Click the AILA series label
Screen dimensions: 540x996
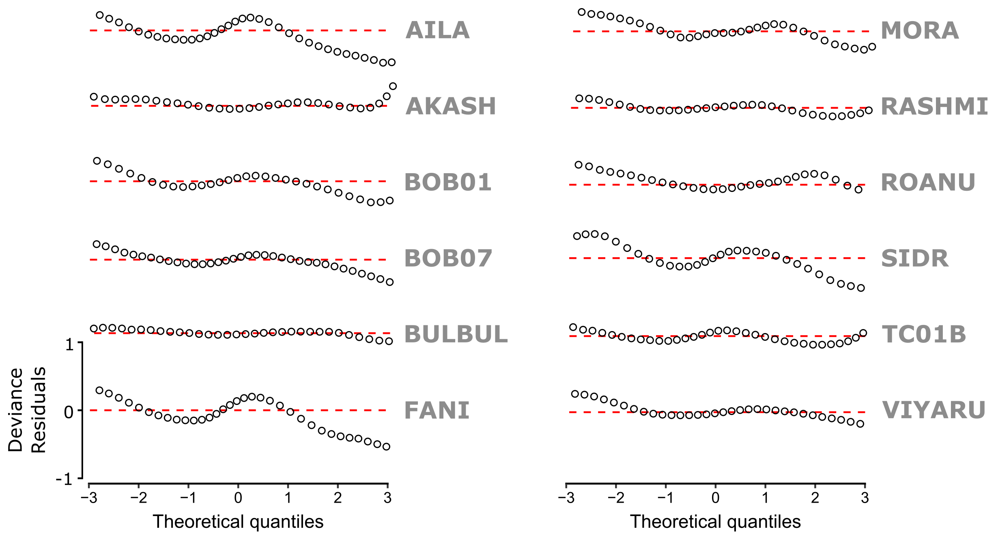(x=437, y=30)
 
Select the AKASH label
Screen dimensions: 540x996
(x=450, y=106)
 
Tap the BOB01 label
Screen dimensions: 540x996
(x=448, y=182)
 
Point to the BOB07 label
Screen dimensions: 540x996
(x=448, y=258)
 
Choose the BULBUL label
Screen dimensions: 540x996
(x=456, y=334)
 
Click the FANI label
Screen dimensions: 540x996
(x=437, y=410)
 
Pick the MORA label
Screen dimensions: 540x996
(x=920, y=31)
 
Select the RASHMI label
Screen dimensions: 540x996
(x=934, y=107)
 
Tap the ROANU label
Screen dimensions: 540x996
(x=928, y=183)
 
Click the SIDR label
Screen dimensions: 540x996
(x=915, y=258)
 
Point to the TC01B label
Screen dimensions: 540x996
(x=924, y=334)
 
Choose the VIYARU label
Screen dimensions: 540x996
(x=934, y=410)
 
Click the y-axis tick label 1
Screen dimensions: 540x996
(x=69, y=345)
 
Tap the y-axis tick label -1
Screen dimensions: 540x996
(x=65, y=480)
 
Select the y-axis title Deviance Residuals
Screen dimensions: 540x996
(x=27, y=410)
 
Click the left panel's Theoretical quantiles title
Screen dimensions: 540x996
(x=238, y=522)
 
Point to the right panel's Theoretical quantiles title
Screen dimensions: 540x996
(x=715, y=522)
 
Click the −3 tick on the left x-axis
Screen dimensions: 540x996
(x=89, y=498)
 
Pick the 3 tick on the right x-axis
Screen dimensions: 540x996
(x=865, y=498)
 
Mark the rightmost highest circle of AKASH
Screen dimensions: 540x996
(x=393, y=86)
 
